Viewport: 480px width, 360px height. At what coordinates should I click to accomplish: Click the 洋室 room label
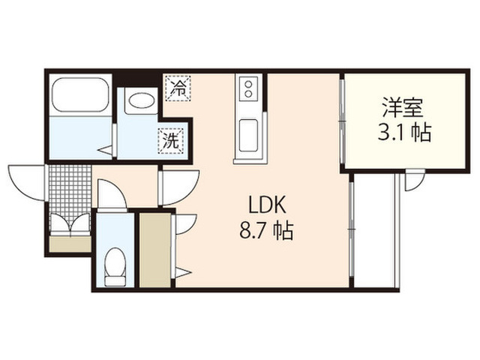click(x=403, y=108)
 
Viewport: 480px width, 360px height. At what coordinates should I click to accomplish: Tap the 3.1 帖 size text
click(x=404, y=133)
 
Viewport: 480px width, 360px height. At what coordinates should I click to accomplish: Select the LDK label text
click(x=267, y=205)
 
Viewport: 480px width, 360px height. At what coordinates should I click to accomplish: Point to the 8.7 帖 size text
click(x=266, y=230)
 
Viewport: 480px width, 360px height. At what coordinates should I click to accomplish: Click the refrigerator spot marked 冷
click(x=178, y=88)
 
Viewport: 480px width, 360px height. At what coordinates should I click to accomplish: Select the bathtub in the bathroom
click(x=80, y=94)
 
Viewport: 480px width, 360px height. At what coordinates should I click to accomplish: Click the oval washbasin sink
click(x=141, y=100)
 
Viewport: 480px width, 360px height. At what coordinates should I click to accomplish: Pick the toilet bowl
click(x=115, y=266)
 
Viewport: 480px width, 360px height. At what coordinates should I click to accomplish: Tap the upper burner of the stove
click(x=248, y=83)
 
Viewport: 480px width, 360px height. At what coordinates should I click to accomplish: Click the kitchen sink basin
click(x=248, y=135)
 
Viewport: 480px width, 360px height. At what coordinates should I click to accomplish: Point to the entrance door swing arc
click(x=26, y=183)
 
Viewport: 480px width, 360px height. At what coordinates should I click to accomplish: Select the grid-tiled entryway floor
click(x=70, y=189)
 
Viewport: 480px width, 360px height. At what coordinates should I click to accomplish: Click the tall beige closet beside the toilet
click(x=155, y=250)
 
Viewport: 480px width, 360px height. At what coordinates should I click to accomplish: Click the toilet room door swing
click(x=112, y=195)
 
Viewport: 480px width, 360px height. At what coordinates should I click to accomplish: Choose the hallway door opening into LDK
click(x=180, y=187)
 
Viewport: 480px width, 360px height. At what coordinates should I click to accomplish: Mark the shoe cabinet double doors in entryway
click(x=70, y=225)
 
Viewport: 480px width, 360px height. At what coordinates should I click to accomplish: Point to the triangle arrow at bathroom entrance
click(x=105, y=151)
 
